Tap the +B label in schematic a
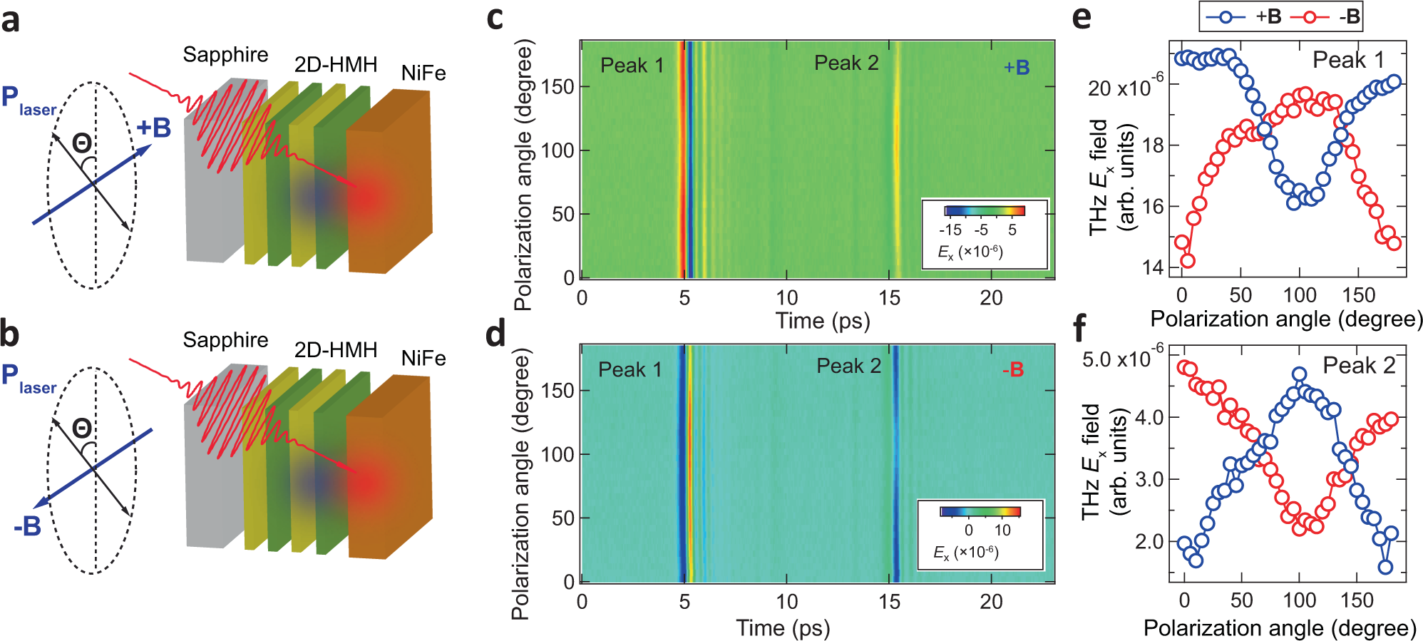[x=154, y=128]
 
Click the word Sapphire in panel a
[x=225, y=55]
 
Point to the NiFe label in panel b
[x=423, y=358]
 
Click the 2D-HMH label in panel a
[x=336, y=65]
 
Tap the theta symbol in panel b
[x=82, y=429]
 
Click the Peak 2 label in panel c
[x=846, y=63]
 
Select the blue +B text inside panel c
[x=1017, y=68]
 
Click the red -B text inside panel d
[x=1012, y=370]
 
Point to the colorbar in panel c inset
[x=985, y=210]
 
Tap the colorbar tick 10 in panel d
[x=1002, y=530]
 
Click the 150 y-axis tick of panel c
[x=558, y=87]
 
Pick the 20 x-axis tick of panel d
[x=991, y=602]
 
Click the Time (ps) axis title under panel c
[x=823, y=321]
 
